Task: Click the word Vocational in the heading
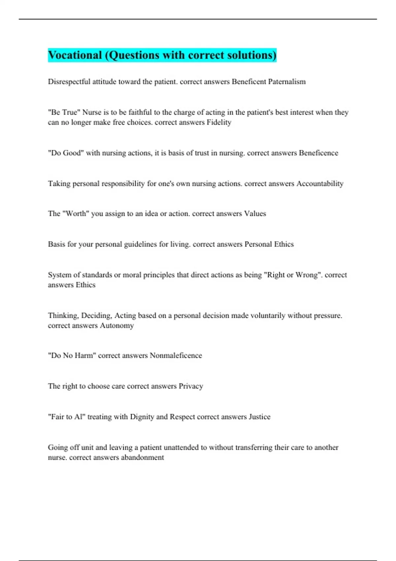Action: point(75,55)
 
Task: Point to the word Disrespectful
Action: point(69,82)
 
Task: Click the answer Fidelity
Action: point(219,122)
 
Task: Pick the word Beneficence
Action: point(318,153)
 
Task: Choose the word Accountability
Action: point(320,184)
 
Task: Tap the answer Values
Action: point(255,214)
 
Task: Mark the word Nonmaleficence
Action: point(176,356)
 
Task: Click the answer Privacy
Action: point(191,386)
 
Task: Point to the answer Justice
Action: point(259,417)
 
